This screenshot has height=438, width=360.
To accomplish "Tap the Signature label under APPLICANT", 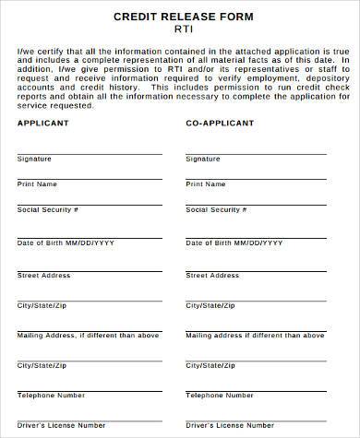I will (x=34, y=159).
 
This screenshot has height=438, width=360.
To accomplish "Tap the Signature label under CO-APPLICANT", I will (x=203, y=159).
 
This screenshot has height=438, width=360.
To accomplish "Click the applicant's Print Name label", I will (x=36, y=184).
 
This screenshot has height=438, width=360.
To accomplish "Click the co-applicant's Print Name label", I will (x=205, y=184).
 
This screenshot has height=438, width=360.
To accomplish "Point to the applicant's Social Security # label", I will (x=47, y=210).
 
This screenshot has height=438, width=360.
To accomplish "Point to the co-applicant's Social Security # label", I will (x=216, y=210).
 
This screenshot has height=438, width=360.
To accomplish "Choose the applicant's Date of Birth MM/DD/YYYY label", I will (x=66, y=243).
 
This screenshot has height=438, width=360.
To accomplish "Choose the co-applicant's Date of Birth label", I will (x=234, y=243).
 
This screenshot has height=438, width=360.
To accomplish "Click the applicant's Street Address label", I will (x=43, y=275).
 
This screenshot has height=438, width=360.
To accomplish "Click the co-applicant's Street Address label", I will (x=212, y=275).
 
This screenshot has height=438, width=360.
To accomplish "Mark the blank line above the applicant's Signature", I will (x=90, y=153).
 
